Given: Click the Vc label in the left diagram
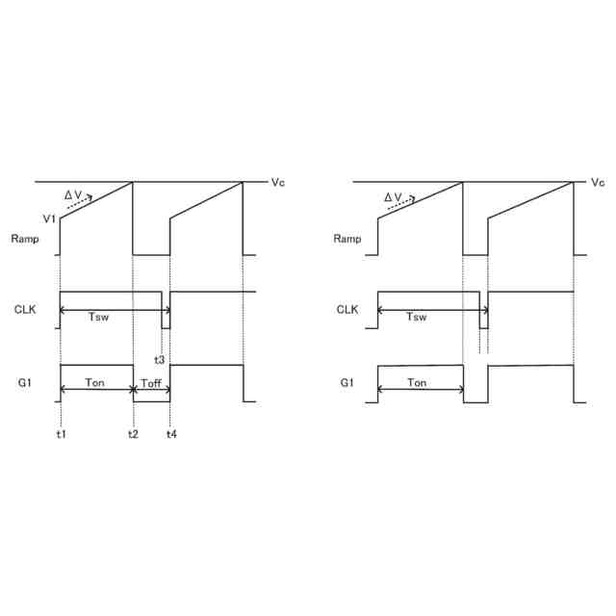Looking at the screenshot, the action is click(278, 182).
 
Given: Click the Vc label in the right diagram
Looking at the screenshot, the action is click(598, 182).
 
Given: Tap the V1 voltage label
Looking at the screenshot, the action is click(49, 218).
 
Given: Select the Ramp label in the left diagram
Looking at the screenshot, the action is click(25, 239).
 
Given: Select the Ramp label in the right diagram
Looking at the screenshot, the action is click(347, 239).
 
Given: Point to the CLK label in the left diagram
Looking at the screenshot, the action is click(25, 310).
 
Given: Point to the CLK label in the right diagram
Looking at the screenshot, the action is click(347, 310).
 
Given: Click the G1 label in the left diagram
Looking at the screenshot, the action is click(25, 382).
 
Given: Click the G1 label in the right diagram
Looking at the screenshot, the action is click(346, 382).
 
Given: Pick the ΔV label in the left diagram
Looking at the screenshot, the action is click(73, 195).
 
